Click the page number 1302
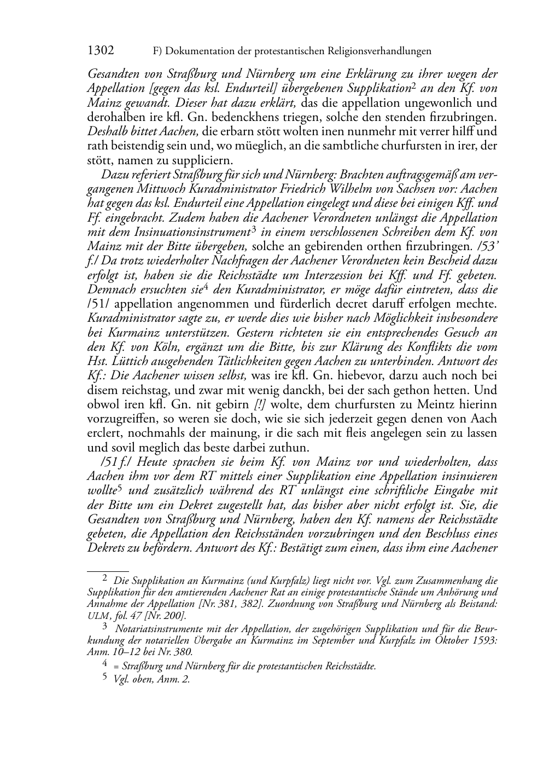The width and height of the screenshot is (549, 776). (x=101, y=51)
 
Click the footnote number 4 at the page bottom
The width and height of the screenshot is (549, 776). (x=106, y=665)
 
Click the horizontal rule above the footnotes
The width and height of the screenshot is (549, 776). (x=108, y=571)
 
